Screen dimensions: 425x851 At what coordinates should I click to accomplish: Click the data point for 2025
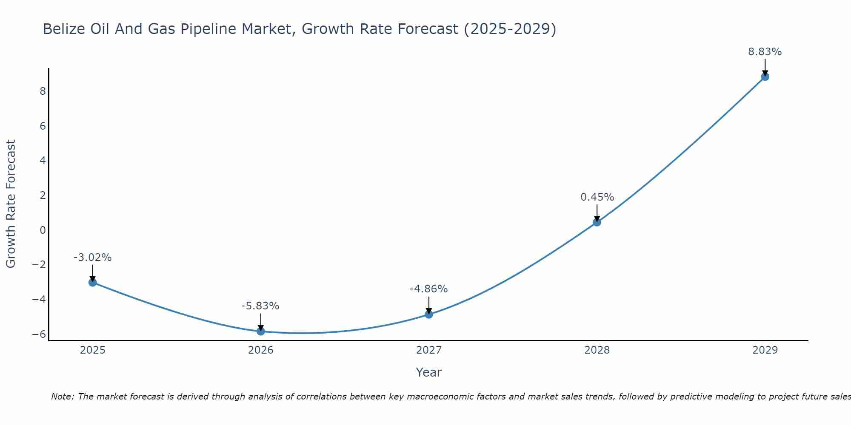(93, 282)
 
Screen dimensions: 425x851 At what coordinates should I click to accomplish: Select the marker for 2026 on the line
(261, 331)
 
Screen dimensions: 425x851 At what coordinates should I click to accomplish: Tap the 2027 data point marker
(429, 314)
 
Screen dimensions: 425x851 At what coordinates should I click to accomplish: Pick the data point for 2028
(597, 222)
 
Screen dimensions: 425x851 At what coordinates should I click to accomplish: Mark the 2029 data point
(765, 76)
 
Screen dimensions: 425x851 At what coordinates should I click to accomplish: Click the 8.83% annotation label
(765, 52)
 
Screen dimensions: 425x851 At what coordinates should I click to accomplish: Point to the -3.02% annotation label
(92, 258)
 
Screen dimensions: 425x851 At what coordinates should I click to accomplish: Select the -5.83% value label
(260, 306)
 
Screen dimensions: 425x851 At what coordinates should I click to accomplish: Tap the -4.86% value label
(428, 289)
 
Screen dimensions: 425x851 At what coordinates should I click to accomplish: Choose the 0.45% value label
(597, 197)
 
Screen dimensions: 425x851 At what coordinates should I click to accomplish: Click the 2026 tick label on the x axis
(261, 350)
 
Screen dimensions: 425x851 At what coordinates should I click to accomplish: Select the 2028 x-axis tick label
(597, 350)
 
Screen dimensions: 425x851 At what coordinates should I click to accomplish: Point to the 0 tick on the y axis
(43, 230)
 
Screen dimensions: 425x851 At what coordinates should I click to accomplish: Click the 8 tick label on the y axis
(43, 91)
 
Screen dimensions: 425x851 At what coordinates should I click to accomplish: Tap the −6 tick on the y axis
(39, 334)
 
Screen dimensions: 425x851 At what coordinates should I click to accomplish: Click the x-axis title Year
(429, 372)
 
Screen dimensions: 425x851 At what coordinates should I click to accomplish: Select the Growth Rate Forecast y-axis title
(11, 204)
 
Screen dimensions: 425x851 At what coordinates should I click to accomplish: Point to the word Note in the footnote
(62, 397)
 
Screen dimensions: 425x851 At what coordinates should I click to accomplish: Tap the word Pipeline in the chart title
(209, 29)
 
